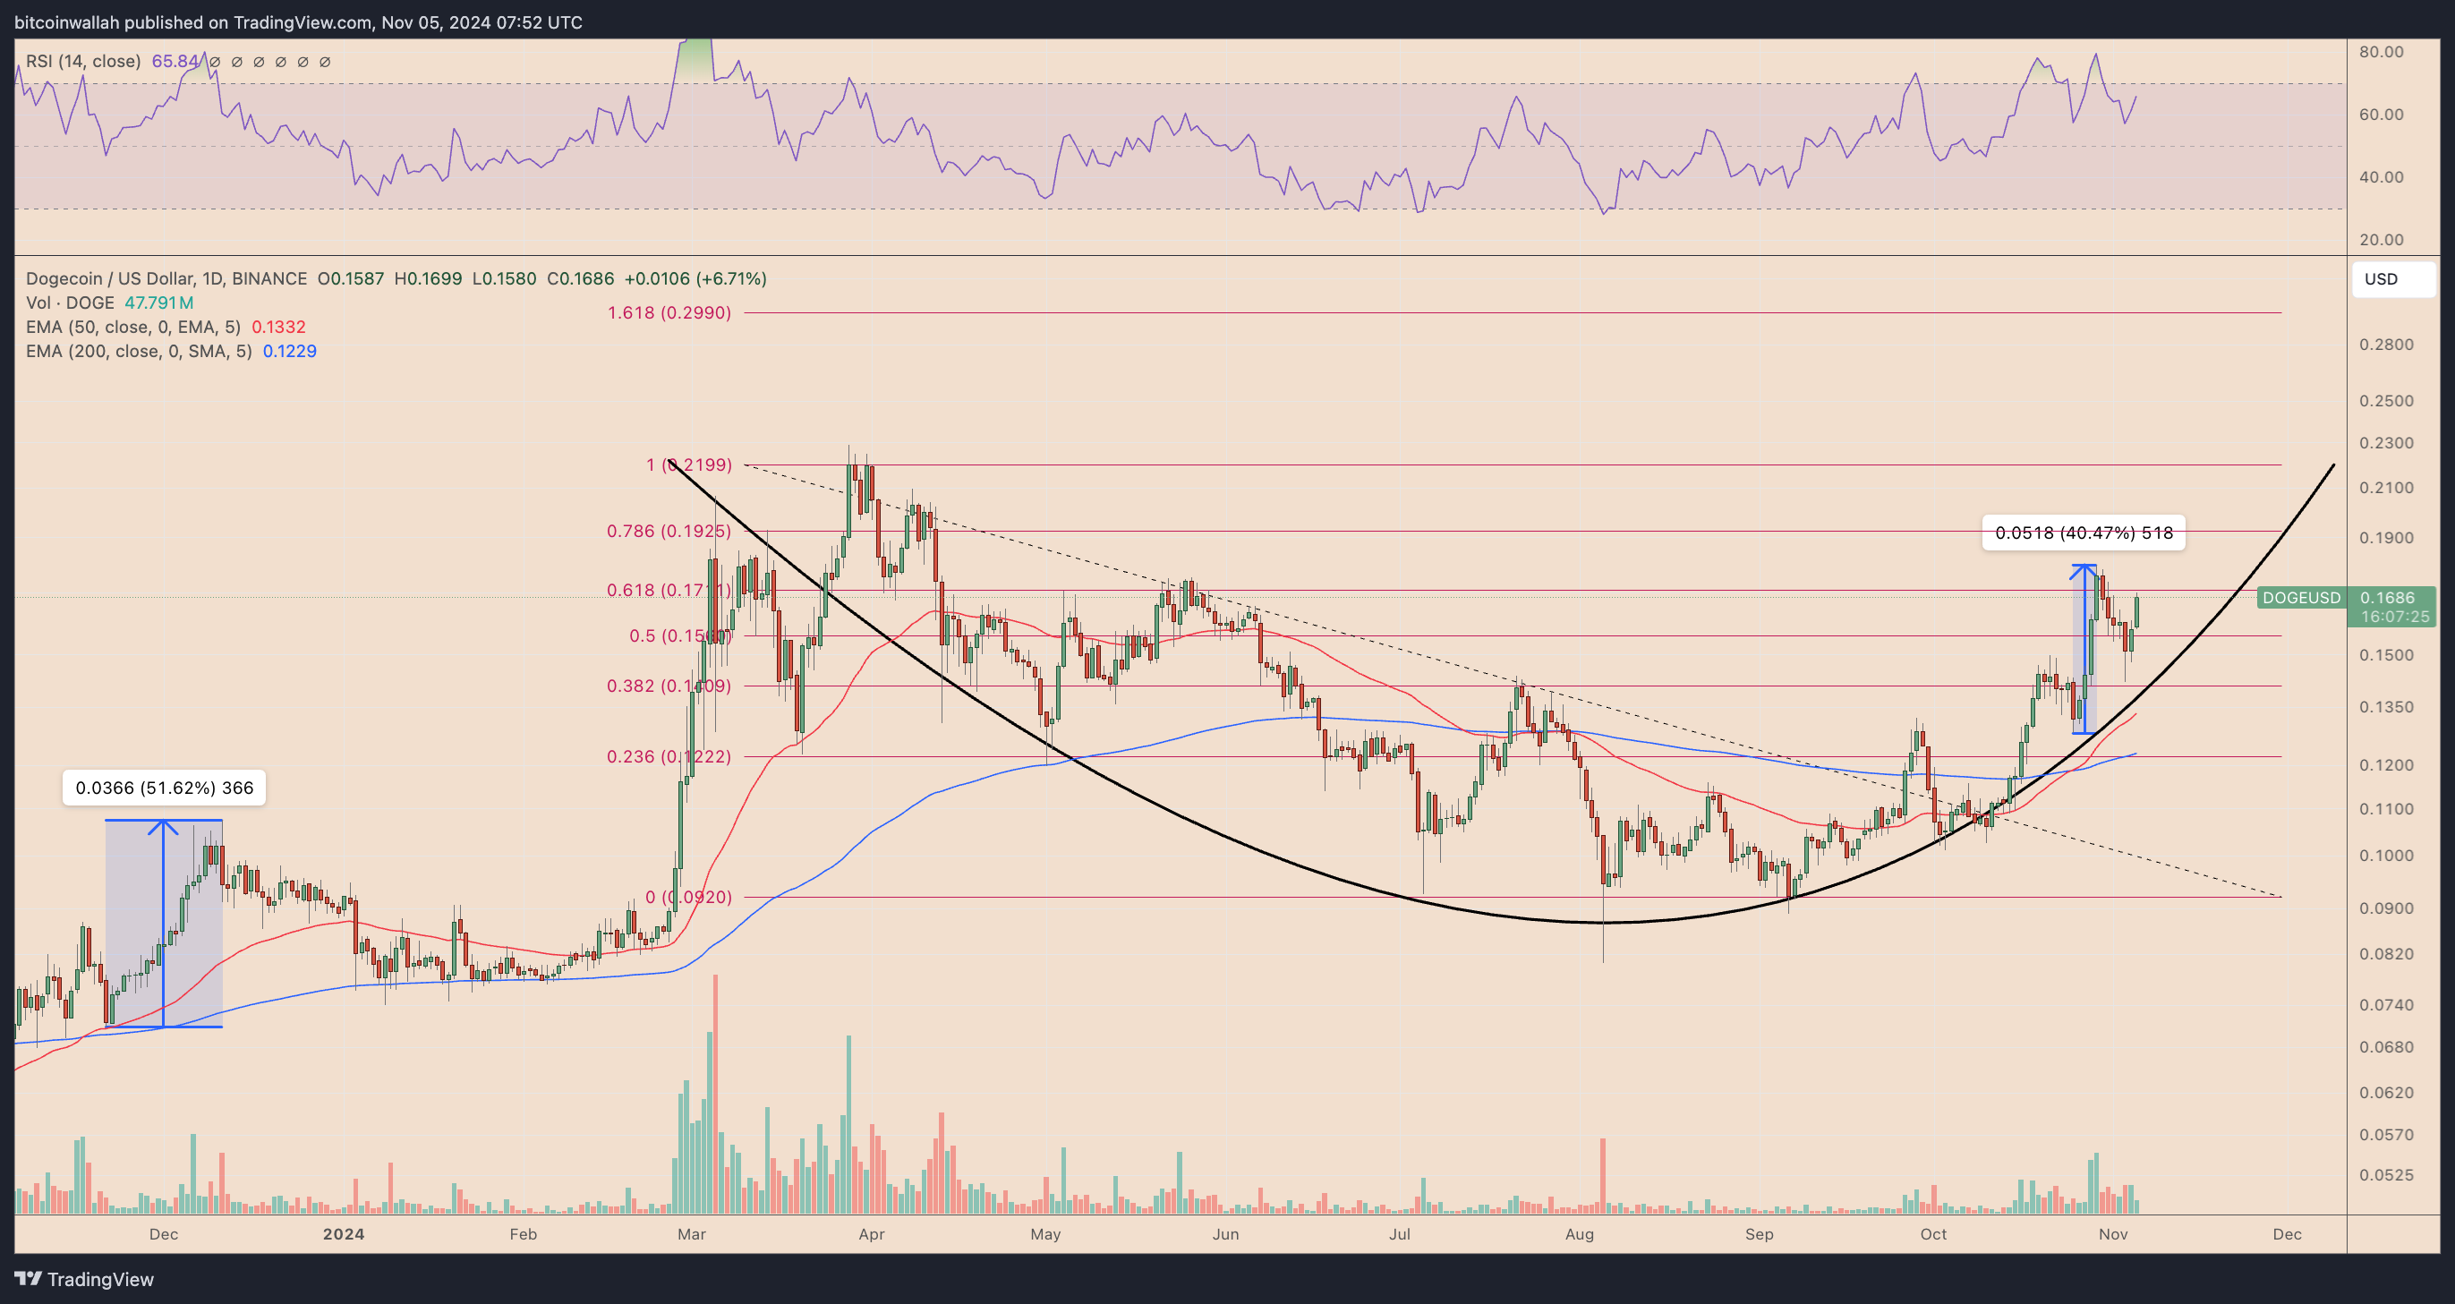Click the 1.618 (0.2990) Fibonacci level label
pos(669,312)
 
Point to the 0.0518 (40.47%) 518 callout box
pos(2084,533)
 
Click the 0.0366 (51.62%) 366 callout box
pos(164,788)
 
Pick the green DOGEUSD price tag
pos(2300,598)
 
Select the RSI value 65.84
pos(175,62)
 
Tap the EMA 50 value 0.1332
pos(278,327)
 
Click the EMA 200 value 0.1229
pos(290,351)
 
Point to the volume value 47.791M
pos(158,303)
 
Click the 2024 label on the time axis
pos(343,1233)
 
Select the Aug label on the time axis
pos(1579,1233)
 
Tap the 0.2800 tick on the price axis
pos(2386,344)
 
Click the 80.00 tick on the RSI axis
pos(2381,52)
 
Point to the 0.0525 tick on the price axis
pos(2386,1174)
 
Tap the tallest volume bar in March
pos(715,1096)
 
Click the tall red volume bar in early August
pos(1603,1176)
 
